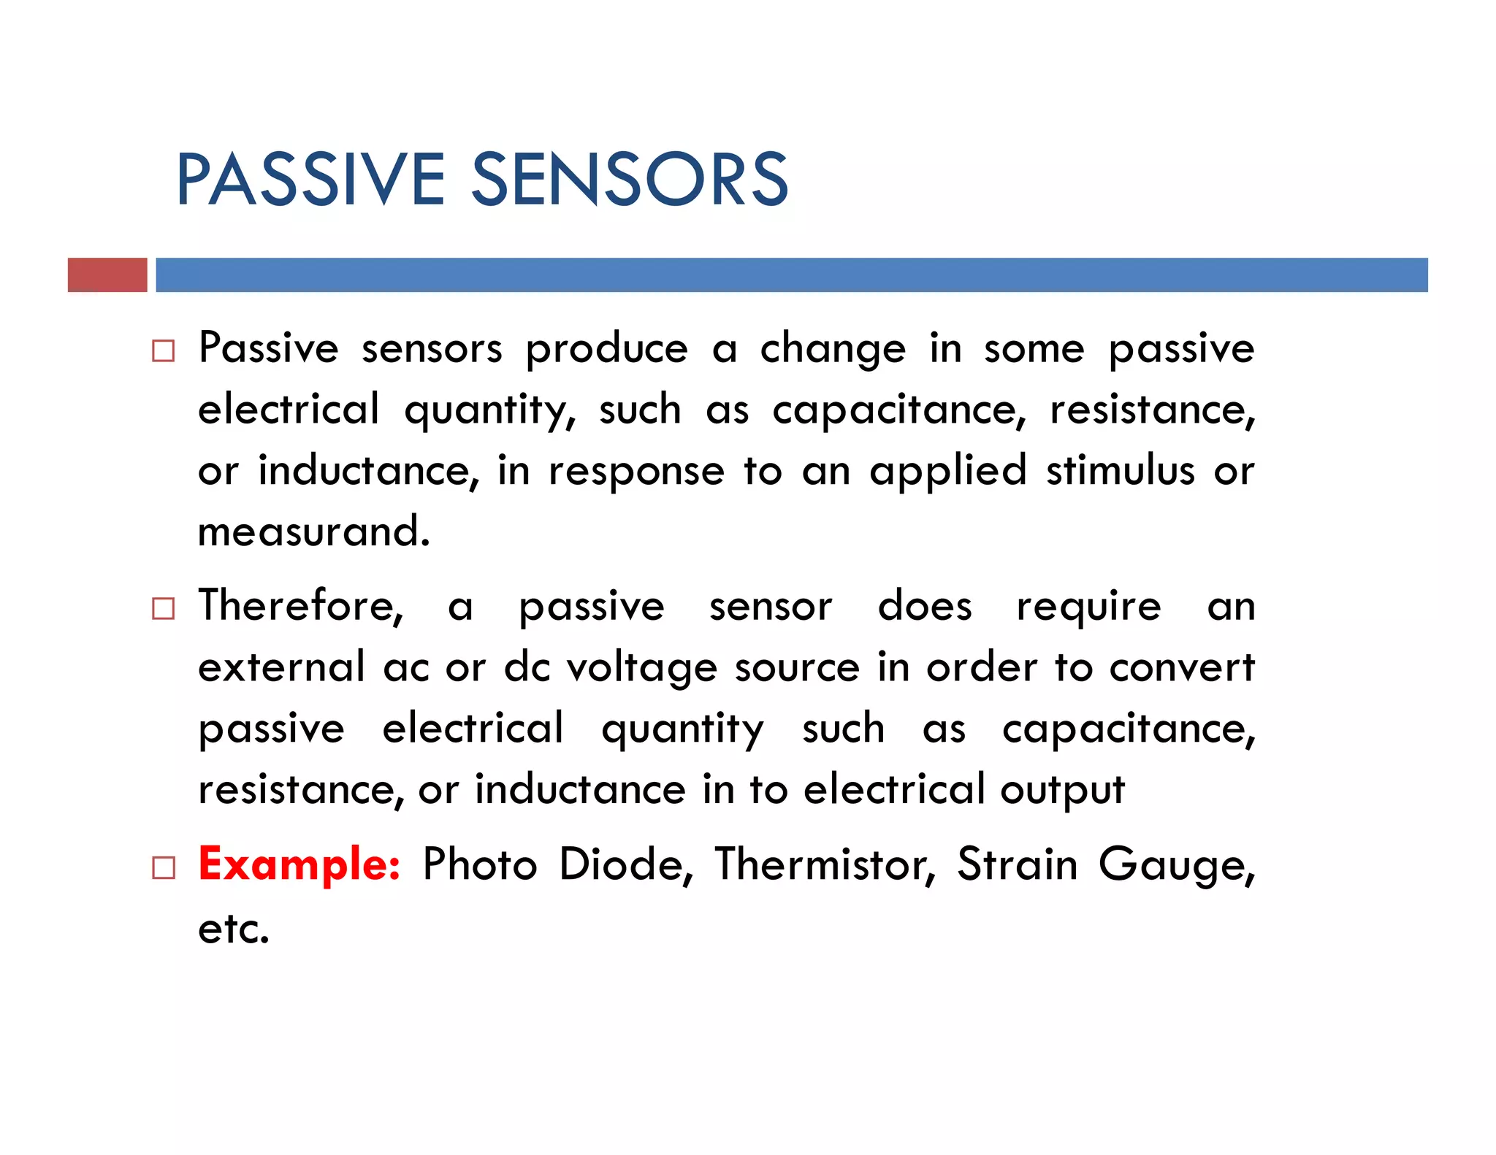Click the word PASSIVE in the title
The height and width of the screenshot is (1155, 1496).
point(310,180)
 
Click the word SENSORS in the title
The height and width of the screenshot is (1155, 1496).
point(630,180)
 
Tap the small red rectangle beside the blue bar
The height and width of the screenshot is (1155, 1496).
point(107,275)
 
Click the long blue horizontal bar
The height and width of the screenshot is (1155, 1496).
point(791,275)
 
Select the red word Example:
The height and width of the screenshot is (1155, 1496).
point(299,864)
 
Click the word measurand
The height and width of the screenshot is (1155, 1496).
point(313,532)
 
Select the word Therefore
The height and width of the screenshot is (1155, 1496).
point(300,607)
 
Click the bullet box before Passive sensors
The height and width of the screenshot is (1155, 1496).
point(164,351)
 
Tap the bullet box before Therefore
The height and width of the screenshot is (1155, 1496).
point(164,608)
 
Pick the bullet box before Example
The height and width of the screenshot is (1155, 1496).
point(164,867)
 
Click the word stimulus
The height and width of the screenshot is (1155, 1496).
point(1120,470)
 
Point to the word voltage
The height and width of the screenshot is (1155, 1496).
point(642,668)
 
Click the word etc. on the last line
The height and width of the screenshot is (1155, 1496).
point(234,929)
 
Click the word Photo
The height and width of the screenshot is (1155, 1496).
point(480,865)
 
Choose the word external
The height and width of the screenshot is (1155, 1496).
point(281,667)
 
